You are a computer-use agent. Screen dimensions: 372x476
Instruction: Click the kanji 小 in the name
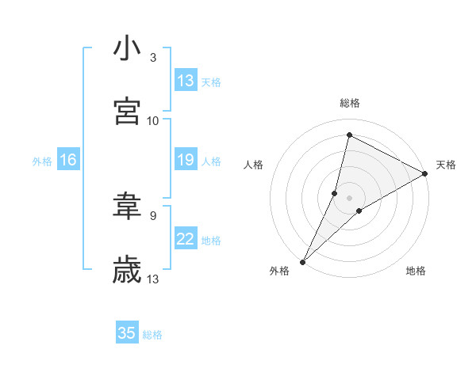(x=127, y=49)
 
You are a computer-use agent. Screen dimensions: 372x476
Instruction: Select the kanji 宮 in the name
(x=127, y=111)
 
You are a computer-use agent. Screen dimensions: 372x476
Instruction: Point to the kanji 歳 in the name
(x=127, y=269)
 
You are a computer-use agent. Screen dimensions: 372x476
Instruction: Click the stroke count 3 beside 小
(x=153, y=58)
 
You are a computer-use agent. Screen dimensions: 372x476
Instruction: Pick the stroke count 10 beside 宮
(x=153, y=120)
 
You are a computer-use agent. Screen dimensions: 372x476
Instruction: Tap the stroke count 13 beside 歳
(x=153, y=279)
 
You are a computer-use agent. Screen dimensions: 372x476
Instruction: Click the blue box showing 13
(x=186, y=81)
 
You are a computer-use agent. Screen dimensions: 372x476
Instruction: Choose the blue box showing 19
(x=186, y=160)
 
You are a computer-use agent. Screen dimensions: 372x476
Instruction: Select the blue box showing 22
(x=186, y=239)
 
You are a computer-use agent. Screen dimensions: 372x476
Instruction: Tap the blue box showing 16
(x=68, y=160)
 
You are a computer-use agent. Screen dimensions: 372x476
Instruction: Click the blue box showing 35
(x=127, y=333)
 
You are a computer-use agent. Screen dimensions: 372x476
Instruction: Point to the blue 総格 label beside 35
(x=152, y=335)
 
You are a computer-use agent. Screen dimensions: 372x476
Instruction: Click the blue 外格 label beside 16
(x=42, y=161)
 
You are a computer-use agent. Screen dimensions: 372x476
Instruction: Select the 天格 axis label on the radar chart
(x=446, y=165)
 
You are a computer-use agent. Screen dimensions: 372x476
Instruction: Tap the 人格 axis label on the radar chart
(x=253, y=165)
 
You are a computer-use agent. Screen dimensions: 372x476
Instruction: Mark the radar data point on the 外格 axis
(x=302, y=261)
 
